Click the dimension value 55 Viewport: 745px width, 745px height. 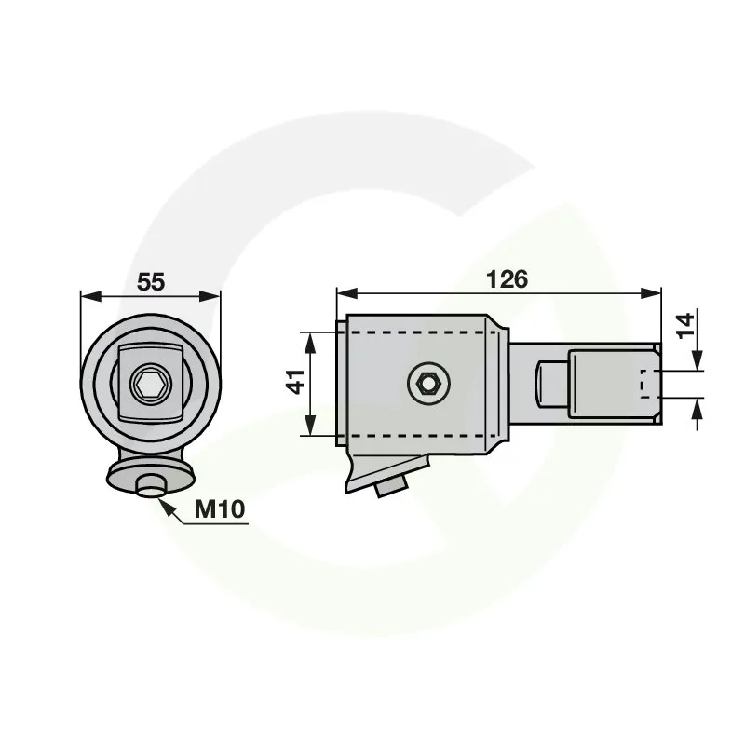151,282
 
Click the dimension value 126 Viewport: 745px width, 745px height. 507,279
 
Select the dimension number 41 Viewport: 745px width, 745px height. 296,382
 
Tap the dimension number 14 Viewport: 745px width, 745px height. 685,325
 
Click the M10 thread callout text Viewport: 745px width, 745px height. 220,509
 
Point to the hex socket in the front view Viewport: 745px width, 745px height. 150,383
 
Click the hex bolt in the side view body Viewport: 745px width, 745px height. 429,383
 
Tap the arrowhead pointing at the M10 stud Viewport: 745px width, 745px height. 165,506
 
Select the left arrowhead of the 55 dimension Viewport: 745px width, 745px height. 91,296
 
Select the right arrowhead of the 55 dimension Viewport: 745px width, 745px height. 210,296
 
